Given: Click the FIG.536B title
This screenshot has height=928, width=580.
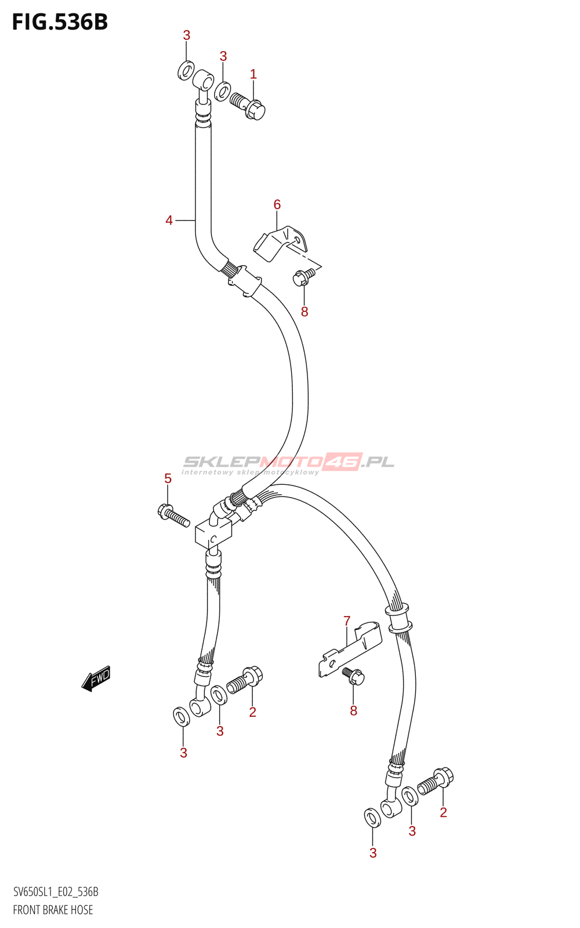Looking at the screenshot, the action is click(x=60, y=22).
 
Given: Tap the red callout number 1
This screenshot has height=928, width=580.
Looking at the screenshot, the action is click(x=253, y=74).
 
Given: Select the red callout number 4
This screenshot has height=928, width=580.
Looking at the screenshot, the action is click(x=169, y=220).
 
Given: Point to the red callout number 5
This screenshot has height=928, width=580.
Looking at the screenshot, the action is click(x=168, y=478).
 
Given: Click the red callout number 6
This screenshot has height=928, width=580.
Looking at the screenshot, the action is click(x=277, y=204).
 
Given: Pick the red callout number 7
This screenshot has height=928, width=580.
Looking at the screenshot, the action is click(x=347, y=621).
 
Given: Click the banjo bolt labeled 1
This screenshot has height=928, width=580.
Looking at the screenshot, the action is click(x=248, y=105).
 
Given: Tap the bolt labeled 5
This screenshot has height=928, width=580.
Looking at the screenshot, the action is click(x=173, y=515).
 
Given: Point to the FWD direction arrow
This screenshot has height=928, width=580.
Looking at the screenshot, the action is click(x=96, y=678).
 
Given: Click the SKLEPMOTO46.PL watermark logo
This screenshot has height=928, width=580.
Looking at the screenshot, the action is click(x=288, y=463).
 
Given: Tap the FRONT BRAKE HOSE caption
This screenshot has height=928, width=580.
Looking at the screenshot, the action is click(x=53, y=909).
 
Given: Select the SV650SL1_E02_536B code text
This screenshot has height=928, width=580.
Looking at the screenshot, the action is click(x=56, y=892).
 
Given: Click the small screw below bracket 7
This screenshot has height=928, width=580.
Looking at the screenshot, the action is click(x=353, y=676).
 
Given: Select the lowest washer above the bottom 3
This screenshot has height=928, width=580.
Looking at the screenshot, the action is click(x=372, y=818).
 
